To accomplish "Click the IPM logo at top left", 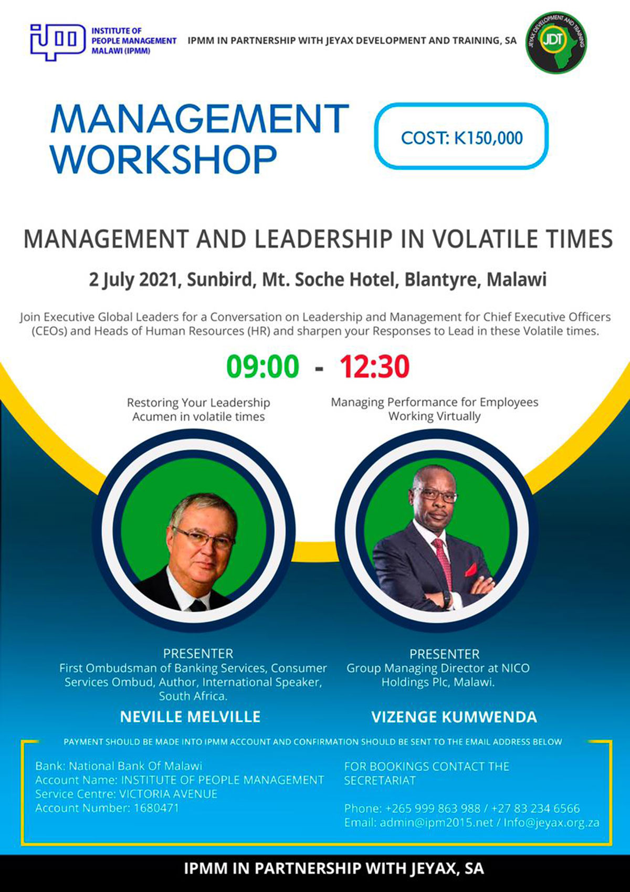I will click(57, 41).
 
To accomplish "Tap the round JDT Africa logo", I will click(556, 43).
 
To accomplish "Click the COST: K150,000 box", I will click(461, 138).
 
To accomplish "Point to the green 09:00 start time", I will click(262, 366).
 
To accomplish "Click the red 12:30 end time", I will click(374, 366).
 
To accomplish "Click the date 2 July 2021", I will click(133, 279).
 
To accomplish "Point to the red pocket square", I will click(471, 569).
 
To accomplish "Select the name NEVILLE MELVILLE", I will click(190, 717).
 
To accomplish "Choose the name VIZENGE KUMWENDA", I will click(454, 717).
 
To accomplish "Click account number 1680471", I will click(156, 808).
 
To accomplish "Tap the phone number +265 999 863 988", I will click(433, 809).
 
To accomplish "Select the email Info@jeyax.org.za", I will click(551, 823).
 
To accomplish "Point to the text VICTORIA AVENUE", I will click(168, 794).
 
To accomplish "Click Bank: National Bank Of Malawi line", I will click(119, 766).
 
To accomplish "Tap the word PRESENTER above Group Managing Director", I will click(444, 654).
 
